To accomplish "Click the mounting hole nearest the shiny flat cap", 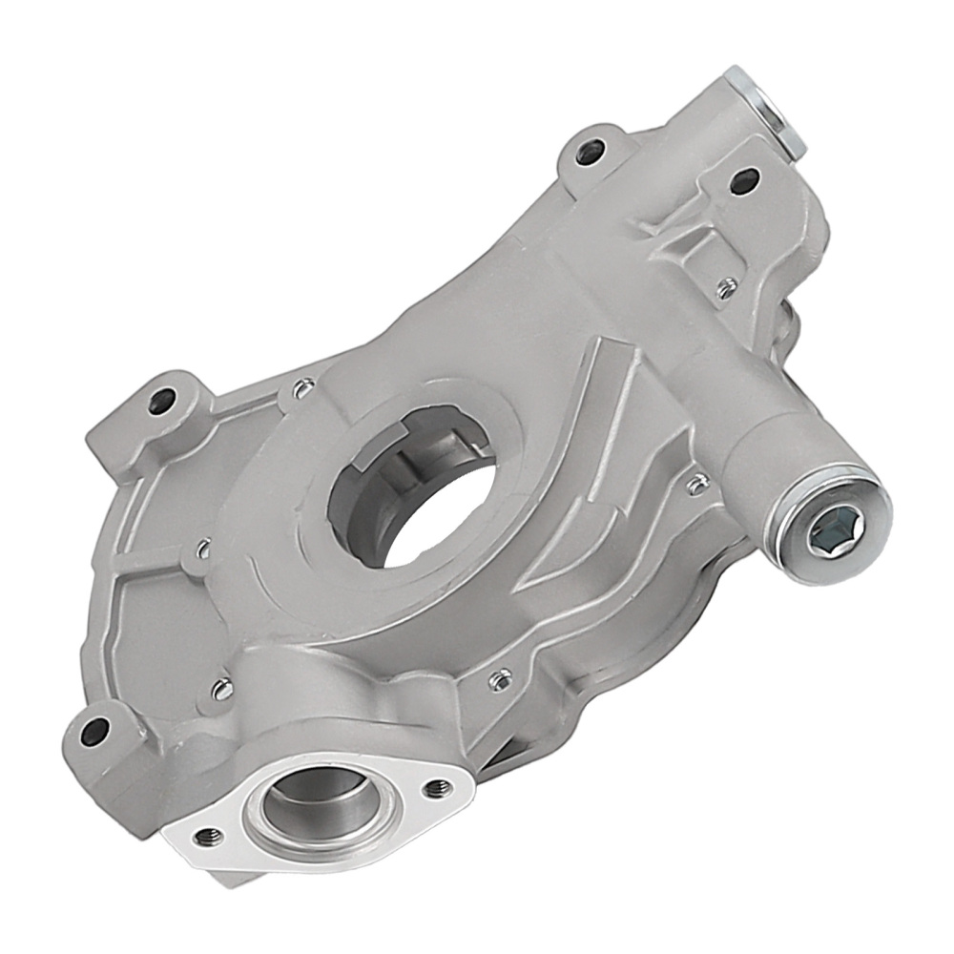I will pyautogui.click(x=743, y=178).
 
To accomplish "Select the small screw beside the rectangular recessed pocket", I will pyautogui.click(x=726, y=285).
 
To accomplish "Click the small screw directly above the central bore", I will pyautogui.click(x=303, y=387).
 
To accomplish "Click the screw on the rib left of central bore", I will pyautogui.click(x=202, y=549).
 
